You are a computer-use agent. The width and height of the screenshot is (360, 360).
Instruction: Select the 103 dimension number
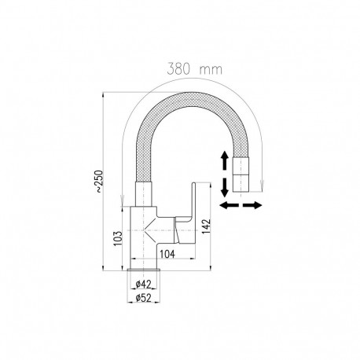pos(116,238)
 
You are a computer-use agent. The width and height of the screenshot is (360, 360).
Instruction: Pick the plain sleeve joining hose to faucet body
pos(141,190)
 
